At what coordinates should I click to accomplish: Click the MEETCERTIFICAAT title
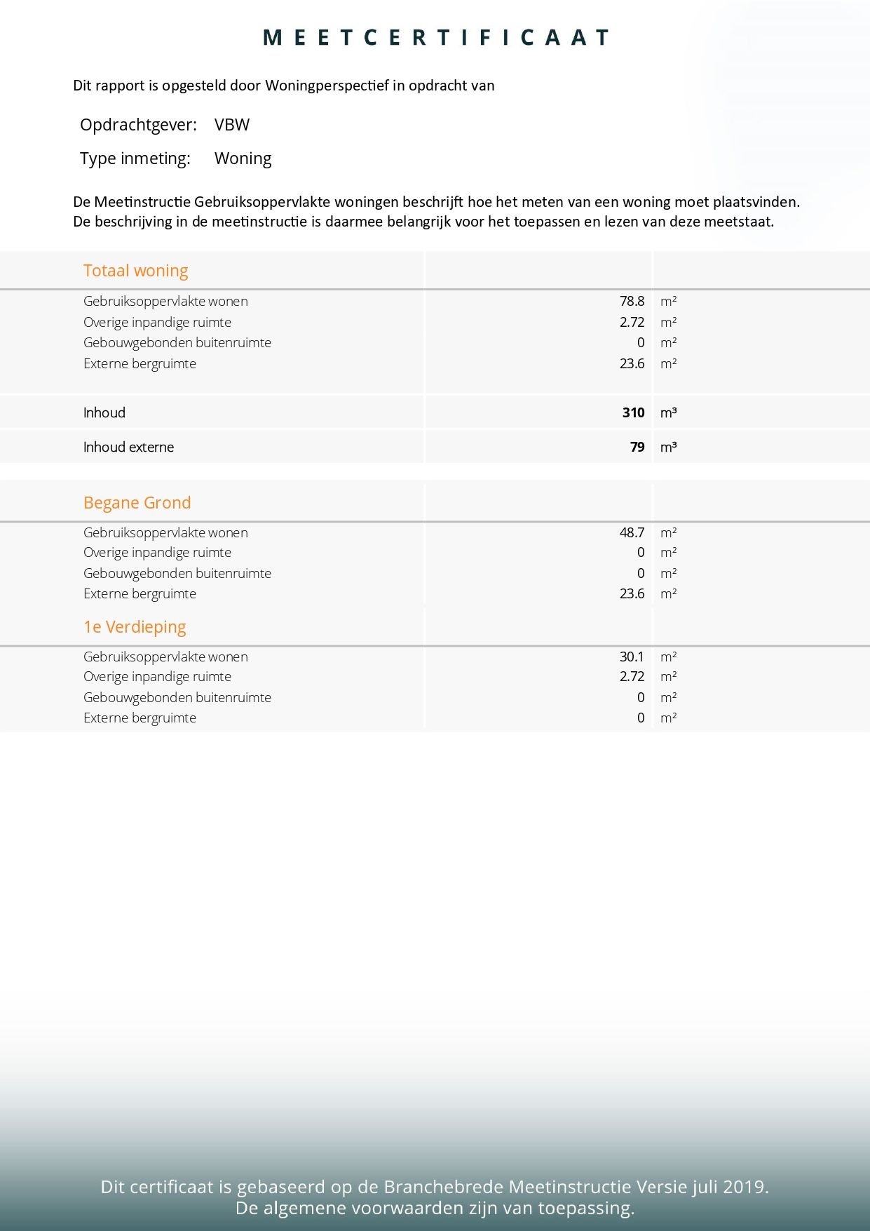(x=435, y=37)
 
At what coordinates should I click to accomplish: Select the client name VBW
(x=232, y=125)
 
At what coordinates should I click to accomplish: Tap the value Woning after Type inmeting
(x=243, y=159)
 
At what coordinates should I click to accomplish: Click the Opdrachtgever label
(x=138, y=125)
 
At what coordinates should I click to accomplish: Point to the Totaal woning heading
(x=135, y=271)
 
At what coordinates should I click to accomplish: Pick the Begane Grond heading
(x=137, y=503)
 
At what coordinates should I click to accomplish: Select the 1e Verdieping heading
(x=135, y=627)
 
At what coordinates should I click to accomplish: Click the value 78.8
(x=632, y=302)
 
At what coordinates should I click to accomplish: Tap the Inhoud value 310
(x=633, y=412)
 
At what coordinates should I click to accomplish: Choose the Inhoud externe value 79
(x=637, y=447)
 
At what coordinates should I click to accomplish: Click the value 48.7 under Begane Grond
(x=632, y=532)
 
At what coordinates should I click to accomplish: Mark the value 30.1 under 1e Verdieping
(x=631, y=657)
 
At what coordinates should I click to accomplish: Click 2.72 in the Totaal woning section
(x=632, y=322)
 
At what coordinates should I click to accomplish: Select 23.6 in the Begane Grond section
(x=632, y=593)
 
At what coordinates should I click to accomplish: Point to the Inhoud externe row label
(x=128, y=447)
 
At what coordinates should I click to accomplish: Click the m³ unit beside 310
(x=668, y=412)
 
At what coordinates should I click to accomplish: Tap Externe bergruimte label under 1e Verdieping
(x=140, y=718)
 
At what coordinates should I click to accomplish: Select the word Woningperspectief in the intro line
(x=327, y=86)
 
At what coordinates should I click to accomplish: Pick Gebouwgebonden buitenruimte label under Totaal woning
(x=177, y=342)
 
